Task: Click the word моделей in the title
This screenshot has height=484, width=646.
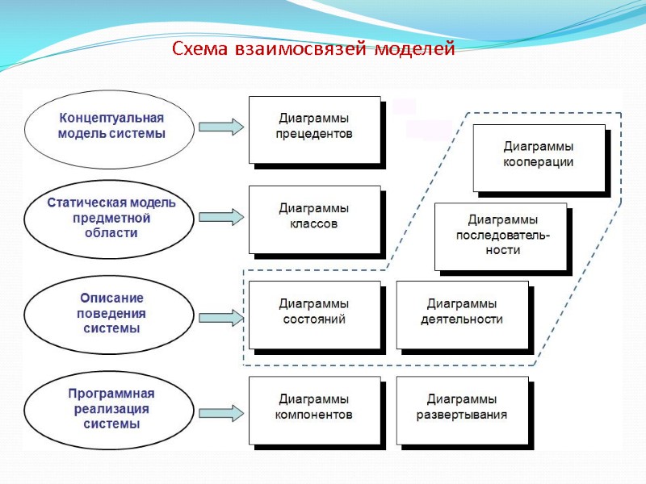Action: click(x=416, y=49)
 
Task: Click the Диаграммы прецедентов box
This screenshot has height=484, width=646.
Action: click(x=314, y=128)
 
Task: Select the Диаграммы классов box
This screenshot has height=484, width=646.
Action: click(x=314, y=219)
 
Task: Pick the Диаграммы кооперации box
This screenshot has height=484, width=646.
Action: click(x=538, y=156)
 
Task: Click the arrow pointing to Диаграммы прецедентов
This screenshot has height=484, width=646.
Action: click(x=220, y=127)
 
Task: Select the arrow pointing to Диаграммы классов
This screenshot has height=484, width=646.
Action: click(x=220, y=218)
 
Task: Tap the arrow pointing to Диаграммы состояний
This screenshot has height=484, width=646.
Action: click(x=220, y=318)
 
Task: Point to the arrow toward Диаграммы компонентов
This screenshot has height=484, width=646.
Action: click(x=220, y=414)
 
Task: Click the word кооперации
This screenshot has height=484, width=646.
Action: click(x=538, y=163)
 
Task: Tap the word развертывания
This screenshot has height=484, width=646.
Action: click(x=462, y=416)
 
